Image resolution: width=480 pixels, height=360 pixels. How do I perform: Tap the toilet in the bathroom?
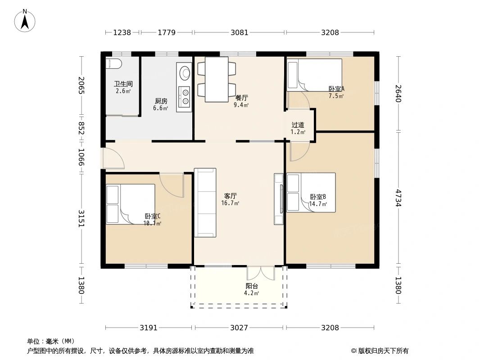click(x=113, y=63)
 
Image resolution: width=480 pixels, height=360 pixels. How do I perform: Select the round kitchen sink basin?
click(x=185, y=73)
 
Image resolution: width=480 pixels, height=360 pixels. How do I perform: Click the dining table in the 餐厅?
click(x=217, y=80)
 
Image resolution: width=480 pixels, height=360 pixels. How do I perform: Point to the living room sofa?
click(x=205, y=202)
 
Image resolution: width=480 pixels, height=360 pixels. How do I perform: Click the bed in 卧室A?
click(x=314, y=75)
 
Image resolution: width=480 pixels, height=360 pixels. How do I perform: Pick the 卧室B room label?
click(x=318, y=196)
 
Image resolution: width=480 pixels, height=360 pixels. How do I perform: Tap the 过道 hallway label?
click(x=298, y=125)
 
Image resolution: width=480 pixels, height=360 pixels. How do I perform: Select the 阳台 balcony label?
click(x=252, y=286)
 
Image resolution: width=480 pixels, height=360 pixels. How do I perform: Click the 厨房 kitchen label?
click(x=161, y=101)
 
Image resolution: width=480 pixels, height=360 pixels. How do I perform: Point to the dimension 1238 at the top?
click(x=122, y=32)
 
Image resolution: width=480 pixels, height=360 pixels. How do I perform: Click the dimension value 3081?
click(x=240, y=32)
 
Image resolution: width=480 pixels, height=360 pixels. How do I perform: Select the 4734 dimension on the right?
click(x=398, y=198)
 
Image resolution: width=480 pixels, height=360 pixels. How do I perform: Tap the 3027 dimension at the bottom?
click(x=239, y=328)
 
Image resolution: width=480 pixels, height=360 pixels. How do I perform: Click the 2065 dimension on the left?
click(x=81, y=85)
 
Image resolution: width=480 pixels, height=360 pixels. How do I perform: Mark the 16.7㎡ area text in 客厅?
click(x=230, y=203)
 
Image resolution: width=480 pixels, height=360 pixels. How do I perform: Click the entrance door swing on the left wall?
click(x=113, y=158)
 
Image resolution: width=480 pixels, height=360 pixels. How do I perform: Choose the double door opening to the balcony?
click(x=261, y=273)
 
